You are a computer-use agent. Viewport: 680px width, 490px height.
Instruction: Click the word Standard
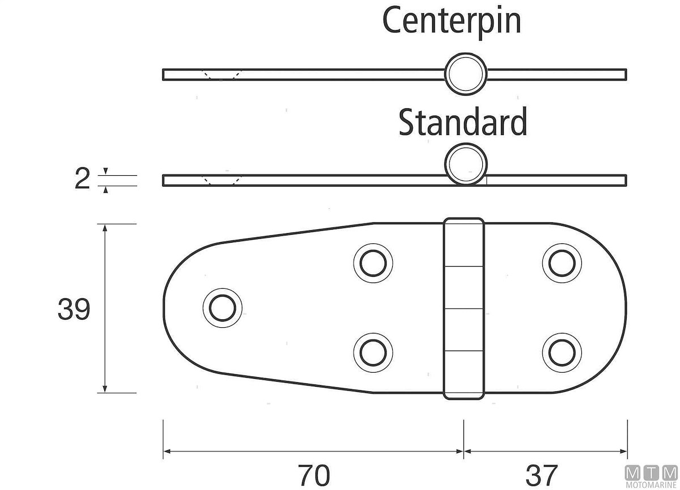tap(462, 122)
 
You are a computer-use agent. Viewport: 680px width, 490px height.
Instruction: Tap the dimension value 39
tap(74, 310)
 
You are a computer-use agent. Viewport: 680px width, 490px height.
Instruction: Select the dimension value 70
tap(314, 475)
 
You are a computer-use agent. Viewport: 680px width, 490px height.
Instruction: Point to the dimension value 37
tap(542, 475)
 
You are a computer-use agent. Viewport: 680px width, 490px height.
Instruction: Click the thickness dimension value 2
tap(82, 179)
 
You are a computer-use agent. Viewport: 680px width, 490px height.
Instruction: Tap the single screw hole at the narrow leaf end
tap(223, 308)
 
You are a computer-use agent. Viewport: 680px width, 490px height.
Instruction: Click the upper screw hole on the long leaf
tap(373, 263)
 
